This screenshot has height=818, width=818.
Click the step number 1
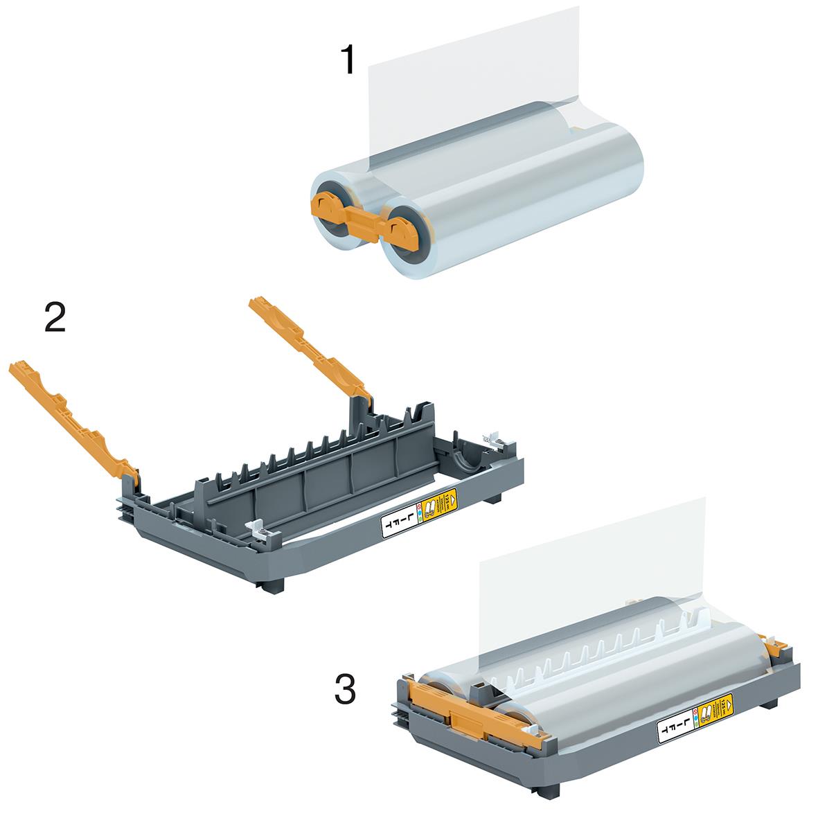pos(348,60)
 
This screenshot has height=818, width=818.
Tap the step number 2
pos(54,318)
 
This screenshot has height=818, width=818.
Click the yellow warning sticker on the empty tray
pos(441,503)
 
